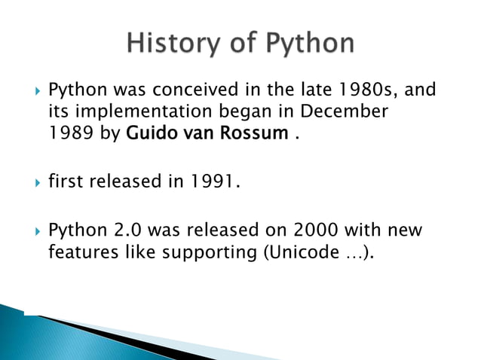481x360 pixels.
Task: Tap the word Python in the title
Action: (308, 43)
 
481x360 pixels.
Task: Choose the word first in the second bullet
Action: (65, 182)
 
